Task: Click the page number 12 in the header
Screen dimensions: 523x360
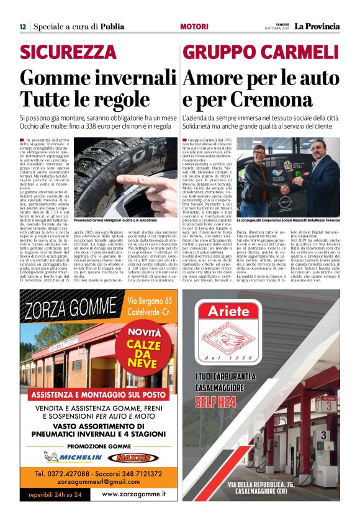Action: (22, 27)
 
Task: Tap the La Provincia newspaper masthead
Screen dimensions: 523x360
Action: (317, 26)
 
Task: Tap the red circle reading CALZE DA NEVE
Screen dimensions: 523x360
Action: (145, 347)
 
